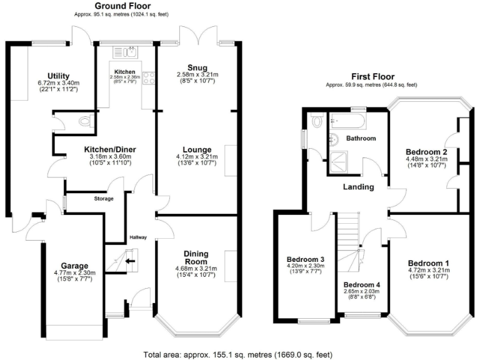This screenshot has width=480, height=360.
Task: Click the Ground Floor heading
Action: point(120,6)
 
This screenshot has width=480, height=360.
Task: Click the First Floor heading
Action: point(371,74)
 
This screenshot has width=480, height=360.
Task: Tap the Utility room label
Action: point(57,76)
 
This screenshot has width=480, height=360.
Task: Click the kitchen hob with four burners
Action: point(149,79)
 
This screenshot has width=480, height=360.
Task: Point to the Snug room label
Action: point(196,67)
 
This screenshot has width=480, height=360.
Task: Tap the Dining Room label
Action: point(196,257)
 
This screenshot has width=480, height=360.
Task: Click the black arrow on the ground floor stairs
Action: point(131,262)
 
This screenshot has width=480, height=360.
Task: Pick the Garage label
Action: point(74,266)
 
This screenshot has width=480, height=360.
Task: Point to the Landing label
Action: point(358,186)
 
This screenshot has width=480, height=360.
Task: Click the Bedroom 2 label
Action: point(426,151)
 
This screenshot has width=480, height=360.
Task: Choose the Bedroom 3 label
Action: point(305,259)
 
